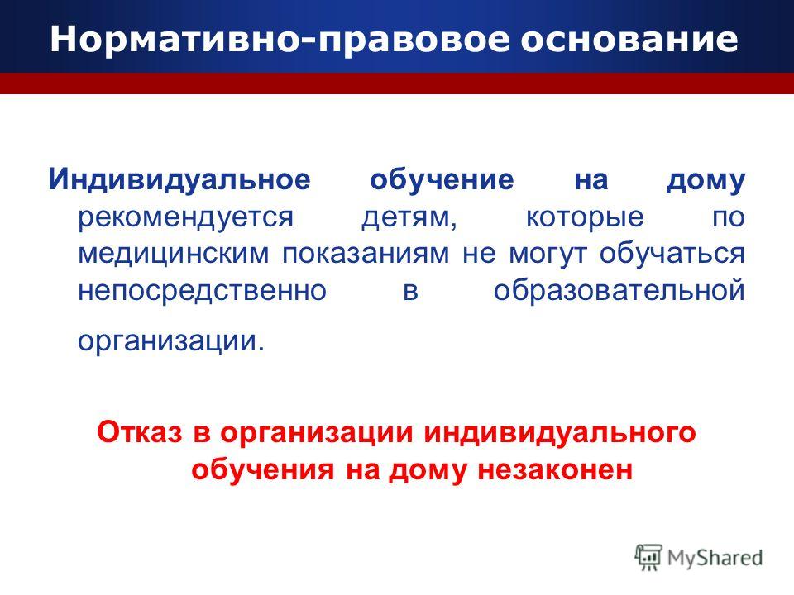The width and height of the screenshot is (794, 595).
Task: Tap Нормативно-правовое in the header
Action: pos(279,40)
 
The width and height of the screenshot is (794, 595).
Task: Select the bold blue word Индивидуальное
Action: pos(179,180)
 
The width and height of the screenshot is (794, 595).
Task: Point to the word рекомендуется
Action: pos(186,218)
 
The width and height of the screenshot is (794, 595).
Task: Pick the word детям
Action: pos(409,218)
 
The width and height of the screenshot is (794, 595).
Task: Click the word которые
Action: pos(585,218)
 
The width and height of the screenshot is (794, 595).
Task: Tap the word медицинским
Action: pos(174,254)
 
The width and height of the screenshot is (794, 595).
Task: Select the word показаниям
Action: pos(366,254)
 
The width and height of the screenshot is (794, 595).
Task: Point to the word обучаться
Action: pos(672,254)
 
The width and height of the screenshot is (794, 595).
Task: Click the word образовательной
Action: pos(619,290)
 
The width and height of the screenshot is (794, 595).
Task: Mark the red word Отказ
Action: pos(139,433)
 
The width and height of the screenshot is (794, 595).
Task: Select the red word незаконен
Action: pos(555,470)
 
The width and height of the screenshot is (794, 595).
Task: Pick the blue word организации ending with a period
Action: pos(171,341)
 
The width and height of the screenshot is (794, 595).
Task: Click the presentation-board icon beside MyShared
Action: pos(648,558)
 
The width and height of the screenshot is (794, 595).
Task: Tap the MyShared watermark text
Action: pos(715,559)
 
